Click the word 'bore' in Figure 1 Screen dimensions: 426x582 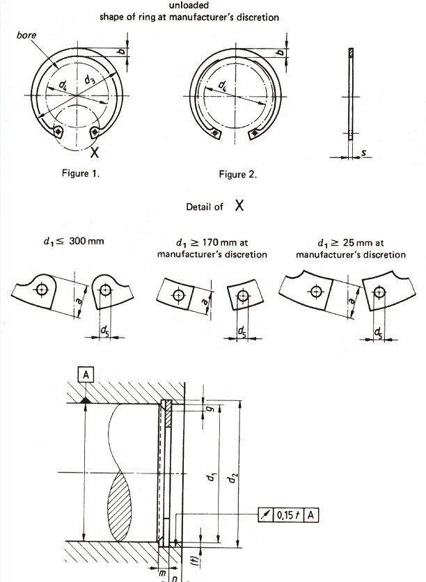click(26, 36)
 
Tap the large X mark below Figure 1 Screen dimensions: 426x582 click(95, 152)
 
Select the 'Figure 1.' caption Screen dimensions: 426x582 click(81, 173)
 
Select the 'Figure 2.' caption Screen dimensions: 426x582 click(238, 175)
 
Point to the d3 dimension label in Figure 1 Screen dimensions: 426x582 click(89, 79)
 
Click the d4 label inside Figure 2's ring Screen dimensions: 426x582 click(223, 86)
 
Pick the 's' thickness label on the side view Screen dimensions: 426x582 click(363, 152)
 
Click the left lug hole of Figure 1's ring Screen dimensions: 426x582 click(58, 131)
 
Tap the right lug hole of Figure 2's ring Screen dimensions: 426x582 click(255, 132)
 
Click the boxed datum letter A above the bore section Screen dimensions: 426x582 click(86, 375)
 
